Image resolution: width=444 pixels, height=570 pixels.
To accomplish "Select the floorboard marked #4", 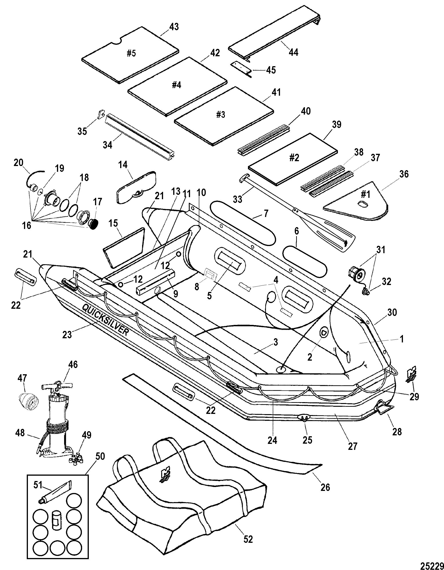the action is (x=178, y=86).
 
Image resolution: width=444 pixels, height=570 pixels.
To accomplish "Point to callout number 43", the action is (x=174, y=27).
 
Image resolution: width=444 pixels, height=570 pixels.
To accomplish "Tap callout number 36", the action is (x=404, y=174).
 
